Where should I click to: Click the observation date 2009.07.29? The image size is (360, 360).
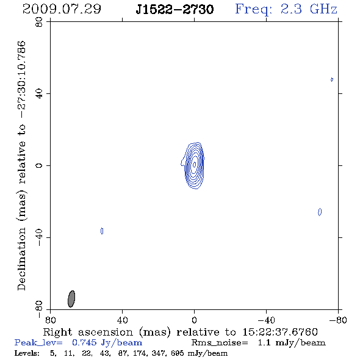pyautogui.click(x=62, y=9)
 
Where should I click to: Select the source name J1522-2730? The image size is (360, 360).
pyautogui.click(x=175, y=10)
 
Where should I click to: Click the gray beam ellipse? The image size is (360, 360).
pyautogui.click(x=71, y=299)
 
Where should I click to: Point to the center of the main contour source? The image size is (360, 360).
pyautogui.click(x=195, y=164)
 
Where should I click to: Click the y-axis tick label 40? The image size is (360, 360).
pyautogui.click(x=39, y=94)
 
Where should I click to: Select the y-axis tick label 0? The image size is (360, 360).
pyautogui.click(x=39, y=165)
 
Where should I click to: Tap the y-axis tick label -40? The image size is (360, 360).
pyautogui.click(x=39, y=237)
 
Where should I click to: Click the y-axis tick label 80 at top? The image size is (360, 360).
pyautogui.click(x=39, y=22)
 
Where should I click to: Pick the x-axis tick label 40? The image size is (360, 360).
pyautogui.click(x=122, y=320)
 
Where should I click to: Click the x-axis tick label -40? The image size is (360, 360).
pyautogui.click(x=266, y=320)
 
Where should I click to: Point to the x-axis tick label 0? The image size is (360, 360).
pyautogui.click(x=194, y=320)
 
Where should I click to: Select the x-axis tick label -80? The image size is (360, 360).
pyautogui.click(x=338, y=320)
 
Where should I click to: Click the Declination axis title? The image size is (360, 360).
pyautogui.click(x=21, y=165)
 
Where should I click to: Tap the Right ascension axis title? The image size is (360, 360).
pyautogui.click(x=180, y=332)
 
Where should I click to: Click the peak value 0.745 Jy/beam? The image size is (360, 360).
pyautogui.click(x=107, y=342)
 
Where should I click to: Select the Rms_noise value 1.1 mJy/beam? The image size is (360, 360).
pyautogui.click(x=292, y=342)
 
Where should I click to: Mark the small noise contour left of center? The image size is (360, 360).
pyautogui.click(x=102, y=231)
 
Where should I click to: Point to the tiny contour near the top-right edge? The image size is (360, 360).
pyautogui.click(x=332, y=79)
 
